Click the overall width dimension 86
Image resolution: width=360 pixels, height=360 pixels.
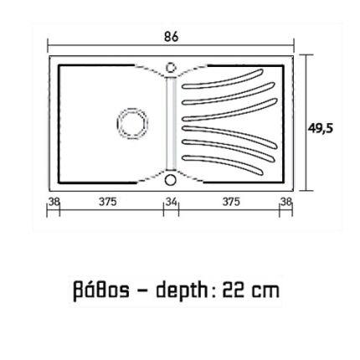click(x=172, y=37)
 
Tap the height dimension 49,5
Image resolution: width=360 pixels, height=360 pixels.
click(x=320, y=128)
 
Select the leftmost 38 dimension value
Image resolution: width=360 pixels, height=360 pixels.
click(x=54, y=201)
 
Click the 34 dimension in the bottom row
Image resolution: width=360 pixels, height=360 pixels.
click(x=172, y=202)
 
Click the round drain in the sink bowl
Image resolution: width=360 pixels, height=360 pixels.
click(x=131, y=124)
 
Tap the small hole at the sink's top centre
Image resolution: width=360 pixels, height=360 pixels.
click(x=171, y=67)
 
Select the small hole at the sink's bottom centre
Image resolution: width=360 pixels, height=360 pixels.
click(x=170, y=179)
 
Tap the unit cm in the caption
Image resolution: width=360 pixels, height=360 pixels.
click(x=267, y=294)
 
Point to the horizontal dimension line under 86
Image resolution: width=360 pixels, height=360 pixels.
click(x=172, y=47)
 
